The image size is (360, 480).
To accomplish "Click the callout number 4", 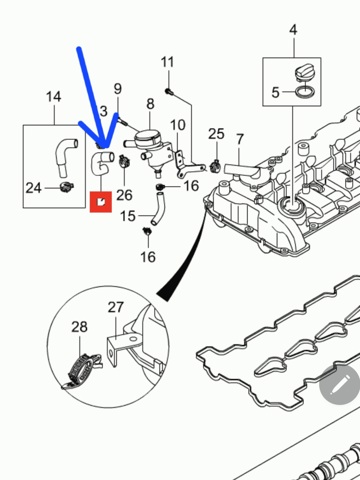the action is [293, 30].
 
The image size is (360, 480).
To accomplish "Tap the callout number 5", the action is [275, 92].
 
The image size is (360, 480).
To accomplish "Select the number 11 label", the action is [167, 62].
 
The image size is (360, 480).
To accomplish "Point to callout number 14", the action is [54, 97].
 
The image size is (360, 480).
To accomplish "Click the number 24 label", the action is [34, 188].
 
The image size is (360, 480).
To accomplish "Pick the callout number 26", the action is [124, 195].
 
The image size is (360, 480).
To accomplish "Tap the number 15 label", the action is [128, 216].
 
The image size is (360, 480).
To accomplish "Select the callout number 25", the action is [216, 134].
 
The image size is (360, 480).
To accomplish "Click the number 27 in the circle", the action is [116, 307].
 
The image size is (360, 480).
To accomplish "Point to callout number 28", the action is [79, 327].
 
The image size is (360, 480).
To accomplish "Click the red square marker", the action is [101, 202].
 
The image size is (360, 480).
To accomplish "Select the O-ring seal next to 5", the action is [304, 92].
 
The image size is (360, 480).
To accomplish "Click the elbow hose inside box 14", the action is [64, 157].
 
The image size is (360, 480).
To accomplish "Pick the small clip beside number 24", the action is [67, 187].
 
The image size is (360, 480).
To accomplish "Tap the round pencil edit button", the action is [339, 388].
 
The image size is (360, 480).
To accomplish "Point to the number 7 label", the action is [240, 139].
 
